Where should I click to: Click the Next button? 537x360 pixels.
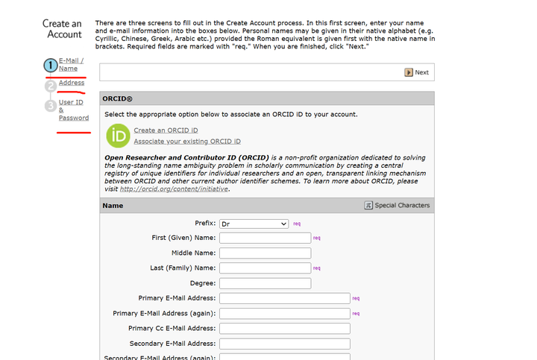click(417, 72)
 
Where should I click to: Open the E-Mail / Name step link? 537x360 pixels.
click(71, 64)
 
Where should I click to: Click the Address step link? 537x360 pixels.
click(72, 83)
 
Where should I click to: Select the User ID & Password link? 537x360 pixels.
click(73, 110)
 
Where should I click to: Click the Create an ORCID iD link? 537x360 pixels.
click(166, 130)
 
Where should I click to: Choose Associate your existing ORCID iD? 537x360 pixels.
click(187, 141)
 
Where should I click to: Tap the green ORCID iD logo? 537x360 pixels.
click(118, 136)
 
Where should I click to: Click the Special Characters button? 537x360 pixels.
click(397, 205)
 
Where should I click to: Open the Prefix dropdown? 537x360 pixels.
click(254, 224)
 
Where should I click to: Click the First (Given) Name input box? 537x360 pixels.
click(265, 238)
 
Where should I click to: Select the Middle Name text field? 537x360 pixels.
click(265, 253)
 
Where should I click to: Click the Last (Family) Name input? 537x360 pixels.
click(265, 268)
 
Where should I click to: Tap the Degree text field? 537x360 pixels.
click(265, 283)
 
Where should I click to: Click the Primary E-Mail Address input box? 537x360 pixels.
click(284, 298)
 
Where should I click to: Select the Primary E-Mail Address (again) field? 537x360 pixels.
click(284, 314)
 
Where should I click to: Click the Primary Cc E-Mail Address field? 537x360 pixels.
click(284, 329)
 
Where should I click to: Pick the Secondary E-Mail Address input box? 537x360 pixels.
click(284, 344)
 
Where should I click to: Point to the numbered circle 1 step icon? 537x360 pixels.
click(50, 66)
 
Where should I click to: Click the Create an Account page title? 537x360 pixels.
click(62, 29)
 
